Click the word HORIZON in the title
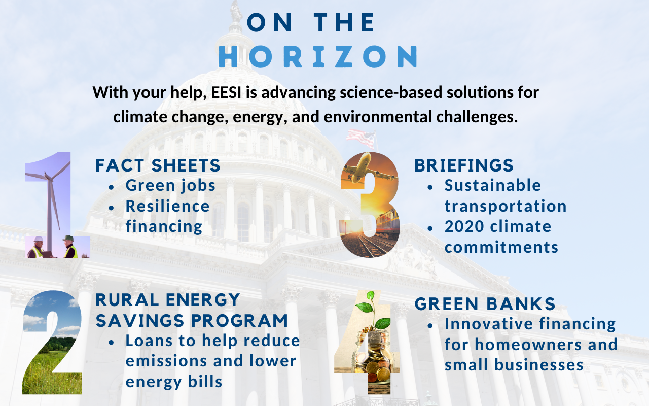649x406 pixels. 318,56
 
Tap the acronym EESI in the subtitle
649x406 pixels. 226,93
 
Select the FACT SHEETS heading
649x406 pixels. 158,165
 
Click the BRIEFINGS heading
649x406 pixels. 464,165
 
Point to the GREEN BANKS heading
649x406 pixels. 485,304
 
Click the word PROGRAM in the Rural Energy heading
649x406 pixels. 239,321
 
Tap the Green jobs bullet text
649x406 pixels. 170,186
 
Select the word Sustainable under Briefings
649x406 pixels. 493,185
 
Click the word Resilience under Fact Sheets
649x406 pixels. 167,206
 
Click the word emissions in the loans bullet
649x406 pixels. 166,361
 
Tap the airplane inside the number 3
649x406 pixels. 368,170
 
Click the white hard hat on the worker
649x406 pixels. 38,239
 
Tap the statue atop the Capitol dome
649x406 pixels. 236,12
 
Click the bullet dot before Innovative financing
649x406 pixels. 430,326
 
